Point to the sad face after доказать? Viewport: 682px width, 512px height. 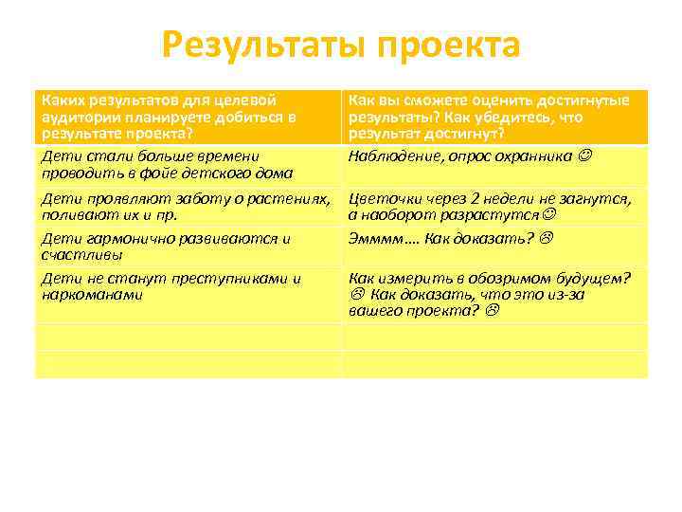[546, 239]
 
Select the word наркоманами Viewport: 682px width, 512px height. [91, 295]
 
